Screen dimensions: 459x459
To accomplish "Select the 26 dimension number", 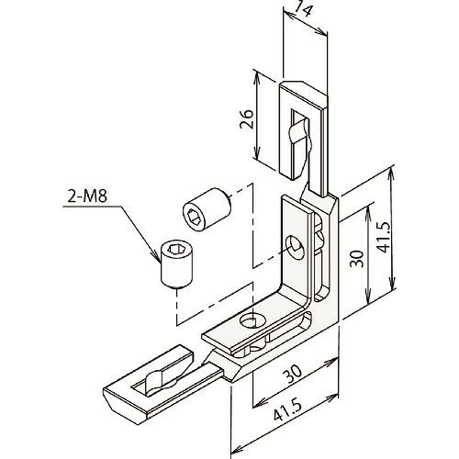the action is pos(247,119).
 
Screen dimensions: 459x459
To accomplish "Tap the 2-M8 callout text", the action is pos(87,196).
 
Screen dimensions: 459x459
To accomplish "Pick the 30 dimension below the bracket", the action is pos(292,374).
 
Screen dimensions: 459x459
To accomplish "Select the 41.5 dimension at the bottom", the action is pos(287,410).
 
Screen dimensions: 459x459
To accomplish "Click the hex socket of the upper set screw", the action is pos(194,218).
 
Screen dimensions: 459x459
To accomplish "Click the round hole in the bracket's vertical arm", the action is pos(296,247).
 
